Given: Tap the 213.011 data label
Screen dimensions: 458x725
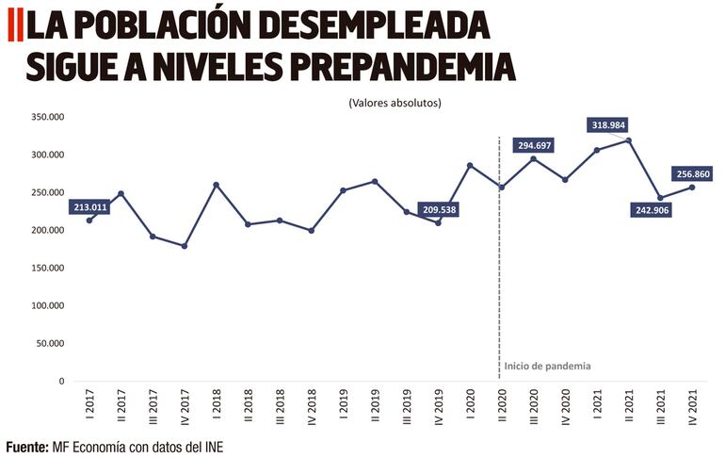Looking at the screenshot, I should click(x=90, y=207).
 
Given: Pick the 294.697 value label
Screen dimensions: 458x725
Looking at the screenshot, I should click(x=533, y=145).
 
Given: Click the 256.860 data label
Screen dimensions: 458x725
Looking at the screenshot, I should click(x=696, y=174).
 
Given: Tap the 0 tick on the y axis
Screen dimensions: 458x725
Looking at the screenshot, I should click(x=61, y=381).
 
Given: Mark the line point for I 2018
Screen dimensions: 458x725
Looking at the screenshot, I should click(x=217, y=185).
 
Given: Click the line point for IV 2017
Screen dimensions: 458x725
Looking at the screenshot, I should click(x=185, y=246).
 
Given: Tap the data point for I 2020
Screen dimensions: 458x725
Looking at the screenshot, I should click(x=470, y=166).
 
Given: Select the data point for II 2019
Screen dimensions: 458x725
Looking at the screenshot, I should click(x=375, y=181).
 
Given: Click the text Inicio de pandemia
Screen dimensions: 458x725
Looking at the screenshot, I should click(x=547, y=366).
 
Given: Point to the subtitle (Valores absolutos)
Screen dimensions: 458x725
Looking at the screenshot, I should click(x=395, y=102).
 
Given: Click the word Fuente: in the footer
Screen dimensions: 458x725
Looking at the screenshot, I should click(x=26, y=445).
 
